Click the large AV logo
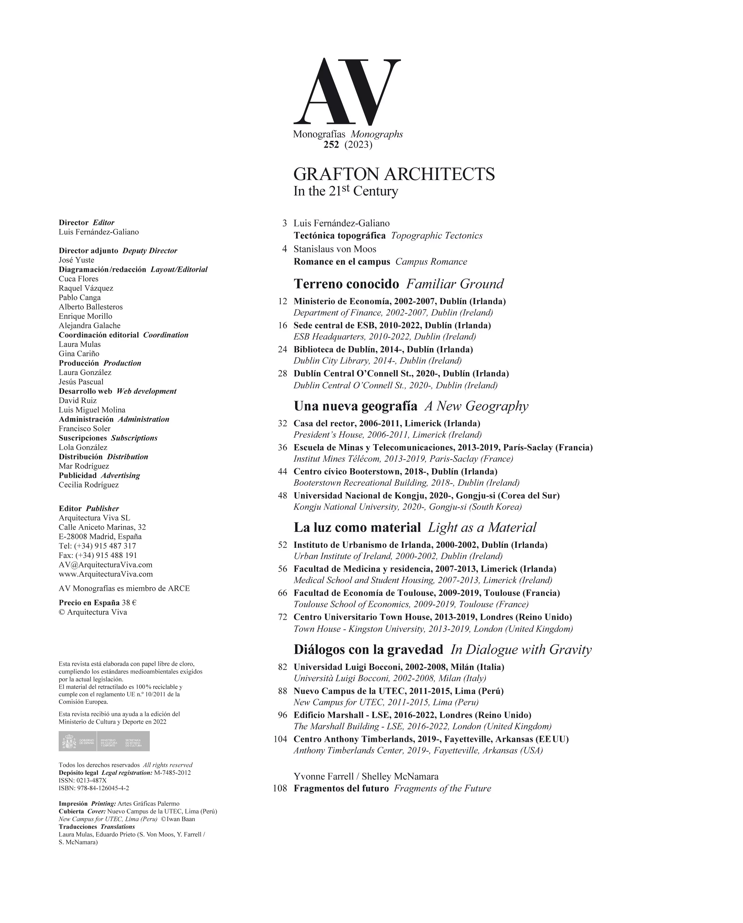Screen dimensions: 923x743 [x=347, y=91]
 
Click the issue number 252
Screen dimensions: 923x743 [x=331, y=145]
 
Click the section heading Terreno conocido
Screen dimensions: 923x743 [x=346, y=284]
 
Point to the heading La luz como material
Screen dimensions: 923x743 [x=357, y=527]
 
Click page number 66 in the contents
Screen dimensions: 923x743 [x=282, y=593]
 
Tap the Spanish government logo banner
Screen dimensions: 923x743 [x=104, y=741]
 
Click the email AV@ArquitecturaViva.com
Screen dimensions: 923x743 [x=105, y=565]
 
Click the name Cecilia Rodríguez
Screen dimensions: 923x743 [x=89, y=485]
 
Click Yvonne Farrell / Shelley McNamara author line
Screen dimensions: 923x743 [x=366, y=777]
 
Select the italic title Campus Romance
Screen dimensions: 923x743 [x=431, y=262]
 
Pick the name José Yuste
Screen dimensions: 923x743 [x=76, y=260]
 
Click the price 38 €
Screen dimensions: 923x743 [x=129, y=603]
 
